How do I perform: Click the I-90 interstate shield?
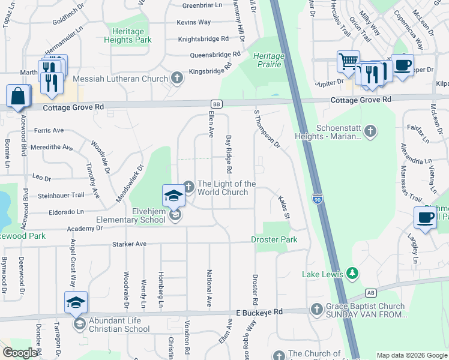coord(318,198)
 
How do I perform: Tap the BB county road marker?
coord(217,104)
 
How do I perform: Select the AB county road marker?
coord(371,293)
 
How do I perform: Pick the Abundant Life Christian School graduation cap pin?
coord(76,302)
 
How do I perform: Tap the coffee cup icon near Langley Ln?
coord(426,217)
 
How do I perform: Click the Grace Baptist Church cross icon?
coord(317,309)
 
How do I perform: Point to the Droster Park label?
coord(274,240)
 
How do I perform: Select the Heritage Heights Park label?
coord(128,35)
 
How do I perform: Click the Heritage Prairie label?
coord(268,60)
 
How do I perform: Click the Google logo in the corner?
coord(20,353)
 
